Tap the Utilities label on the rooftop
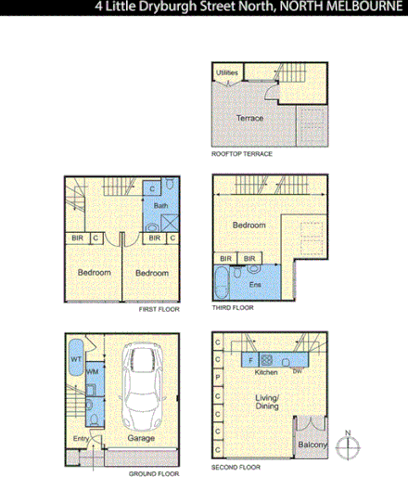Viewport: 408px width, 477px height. pyautogui.click(x=226, y=72)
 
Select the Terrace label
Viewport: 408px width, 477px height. pyautogui.click(x=249, y=118)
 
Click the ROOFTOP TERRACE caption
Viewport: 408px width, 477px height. pyautogui.click(x=241, y=154)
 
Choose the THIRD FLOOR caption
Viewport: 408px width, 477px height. pyautogui.click(x=231, y=308)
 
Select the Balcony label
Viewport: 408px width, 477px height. pyautogui.click(x=312, y=446)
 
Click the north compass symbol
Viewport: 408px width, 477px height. pyautogui.click(x=348, y=445)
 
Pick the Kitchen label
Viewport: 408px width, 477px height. pyautogui.click(x=266, y=372)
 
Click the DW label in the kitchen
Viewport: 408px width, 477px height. pyautogui.click(x=297, y=372)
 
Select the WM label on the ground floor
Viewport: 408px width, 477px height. pyautogui.click(x=92, y=372)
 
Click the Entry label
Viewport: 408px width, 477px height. pyautogui.click(x=82, y=438)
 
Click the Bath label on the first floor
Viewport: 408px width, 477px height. pyautogui.click(x=159, y=206)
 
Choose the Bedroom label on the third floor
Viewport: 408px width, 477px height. pyautogui.click(x=249, y=226)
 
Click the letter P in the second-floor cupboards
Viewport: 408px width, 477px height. pyautogui.click(x=218, y=379)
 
